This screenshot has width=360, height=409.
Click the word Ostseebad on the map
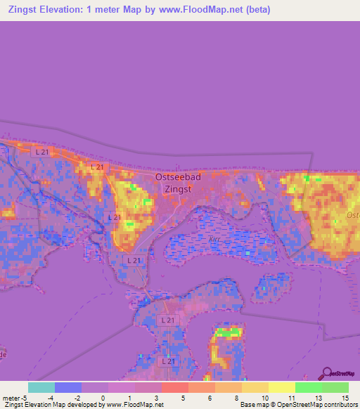178,177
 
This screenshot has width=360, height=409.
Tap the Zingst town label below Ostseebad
177,189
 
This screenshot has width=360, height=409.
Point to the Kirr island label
214,239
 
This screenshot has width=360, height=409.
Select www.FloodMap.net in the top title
192,10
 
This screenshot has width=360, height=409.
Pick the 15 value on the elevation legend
345,398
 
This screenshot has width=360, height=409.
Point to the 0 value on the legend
103,398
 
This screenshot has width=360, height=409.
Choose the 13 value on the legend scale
319,398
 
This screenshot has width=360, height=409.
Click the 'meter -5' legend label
15,398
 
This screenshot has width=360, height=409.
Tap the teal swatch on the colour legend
41,387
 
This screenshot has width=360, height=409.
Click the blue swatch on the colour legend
68,387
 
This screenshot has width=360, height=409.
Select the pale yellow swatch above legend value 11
282,387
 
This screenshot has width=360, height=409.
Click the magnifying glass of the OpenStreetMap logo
326,372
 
